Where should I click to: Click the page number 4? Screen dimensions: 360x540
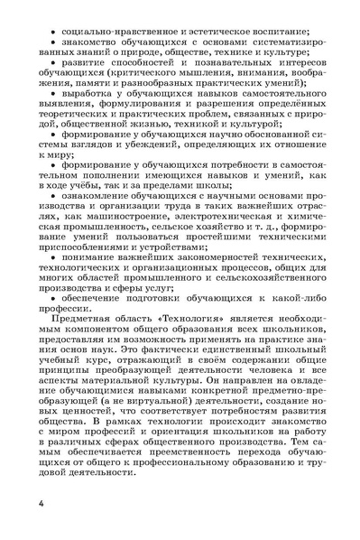coord(42,500)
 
